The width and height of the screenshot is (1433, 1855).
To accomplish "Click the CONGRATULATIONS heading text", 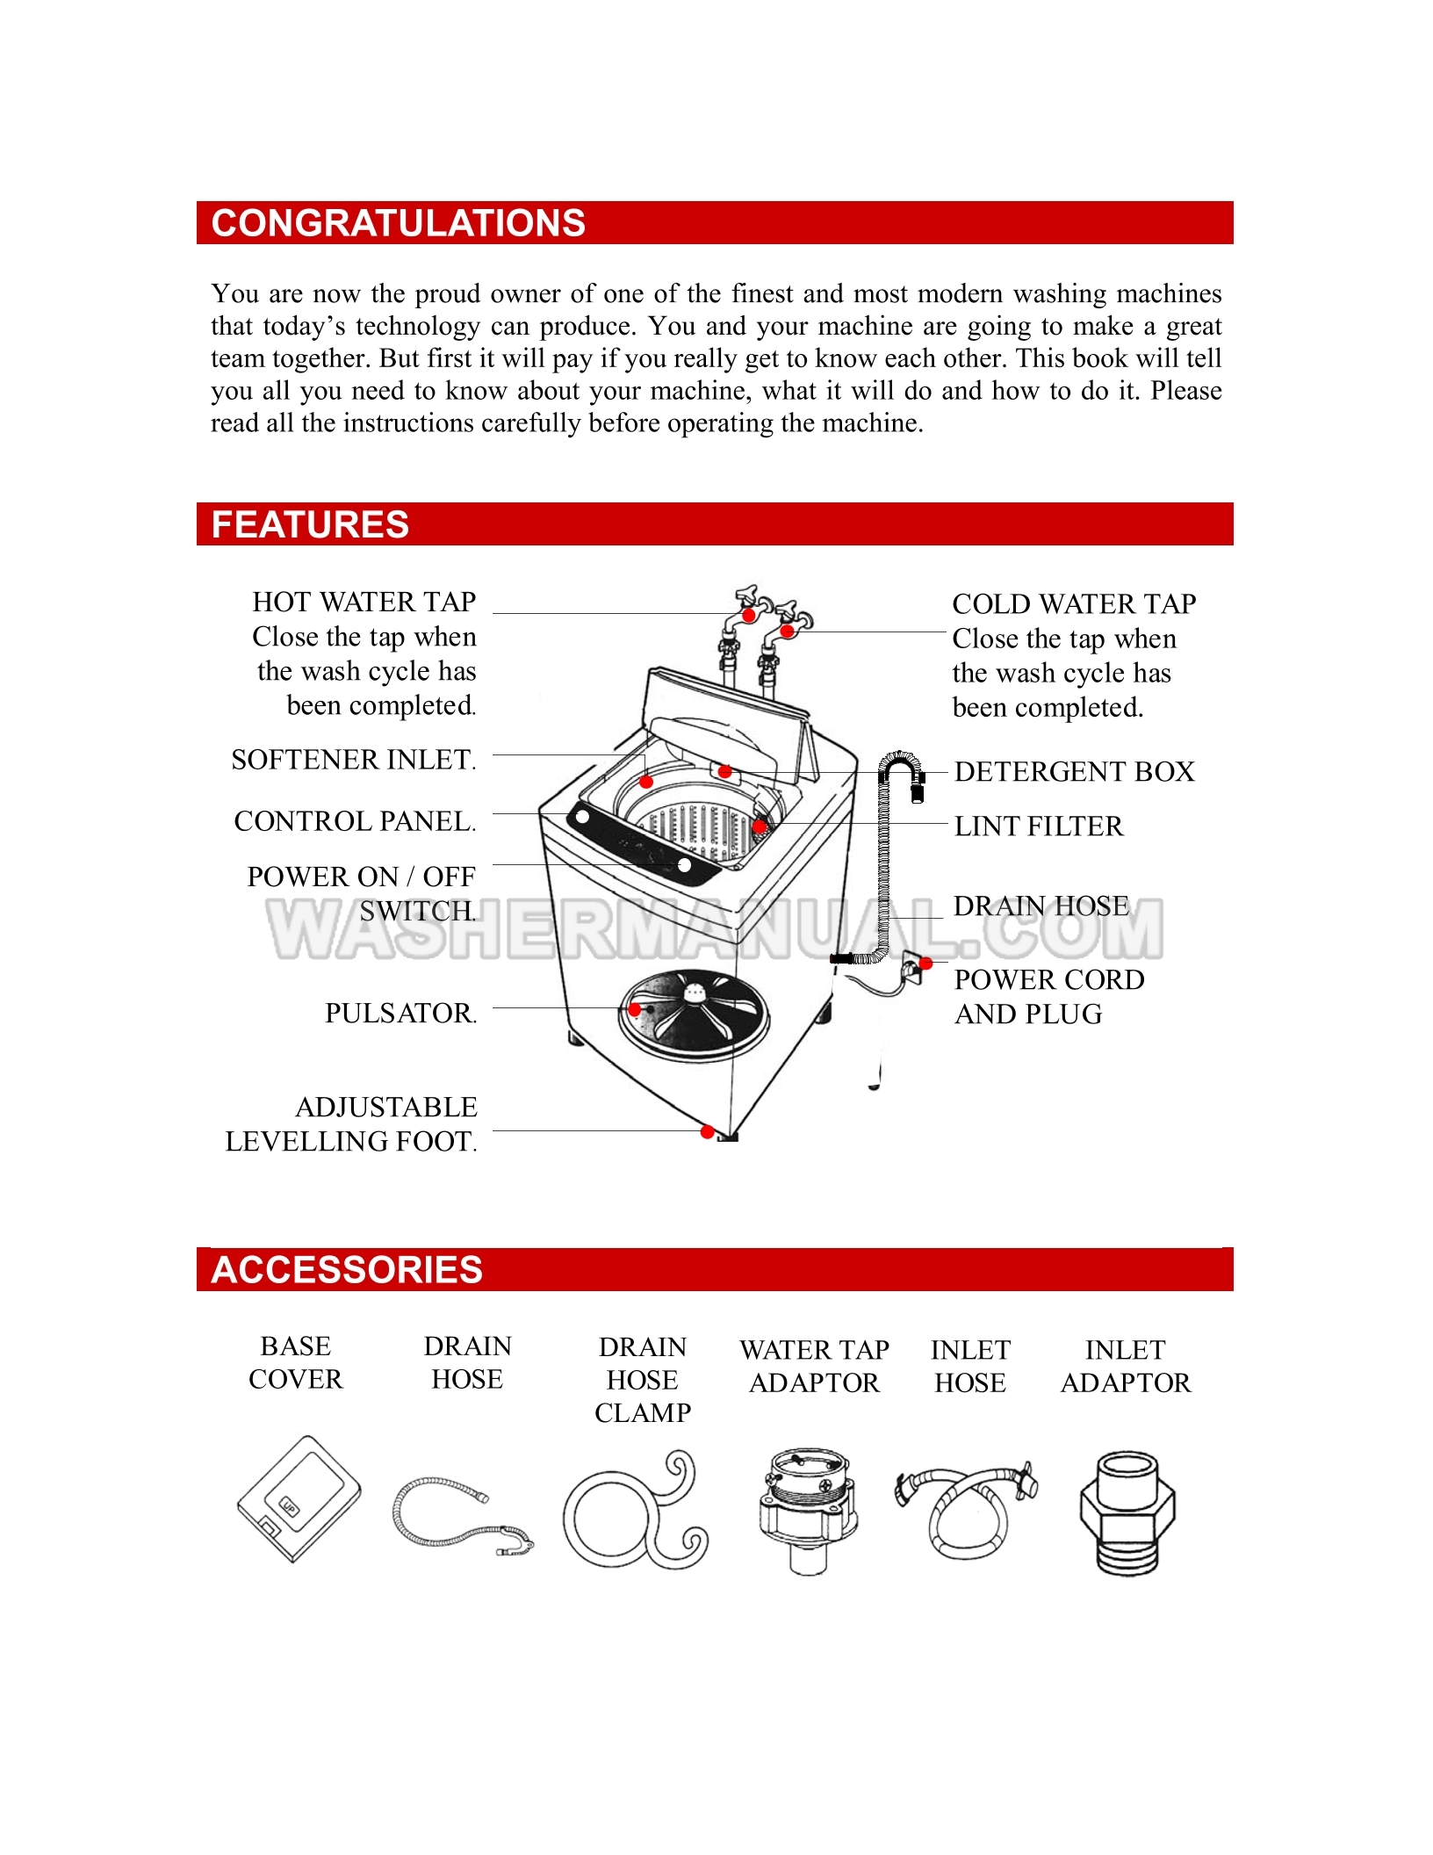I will point(398,223).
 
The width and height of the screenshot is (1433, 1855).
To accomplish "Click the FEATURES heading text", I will point(310,524).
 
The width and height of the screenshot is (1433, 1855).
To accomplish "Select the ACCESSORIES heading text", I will point(347,1269).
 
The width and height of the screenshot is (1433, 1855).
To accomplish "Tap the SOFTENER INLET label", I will point(353,760).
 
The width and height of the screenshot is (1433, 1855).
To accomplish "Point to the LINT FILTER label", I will point(1038,826).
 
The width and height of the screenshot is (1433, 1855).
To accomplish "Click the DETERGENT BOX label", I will point(1074,772).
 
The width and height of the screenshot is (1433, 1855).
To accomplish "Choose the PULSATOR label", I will point(400,1014).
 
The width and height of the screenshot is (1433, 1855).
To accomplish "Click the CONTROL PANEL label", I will point(355,821).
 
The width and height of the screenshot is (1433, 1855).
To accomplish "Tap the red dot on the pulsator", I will point(635,1010).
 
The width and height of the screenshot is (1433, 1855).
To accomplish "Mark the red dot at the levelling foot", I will point(707,1132).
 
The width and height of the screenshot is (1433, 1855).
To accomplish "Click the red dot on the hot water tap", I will point(749,616).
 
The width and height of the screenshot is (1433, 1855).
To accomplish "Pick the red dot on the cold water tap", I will point(788,631).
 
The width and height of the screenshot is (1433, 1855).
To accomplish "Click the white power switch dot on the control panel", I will point(684,865).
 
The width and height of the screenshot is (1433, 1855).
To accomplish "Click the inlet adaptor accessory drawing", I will point(1127,1512).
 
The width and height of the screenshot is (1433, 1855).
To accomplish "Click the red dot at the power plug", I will point(925,964).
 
